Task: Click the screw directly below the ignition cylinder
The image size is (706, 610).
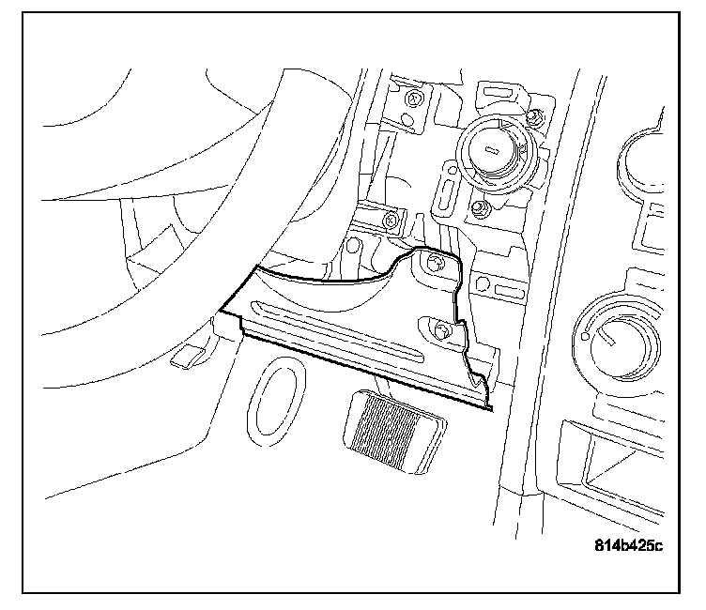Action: pos(480,207)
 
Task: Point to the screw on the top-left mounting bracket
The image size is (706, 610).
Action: pos(414,97)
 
